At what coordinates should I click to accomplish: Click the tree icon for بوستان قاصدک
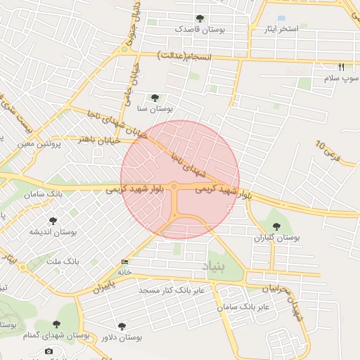click(200, 18)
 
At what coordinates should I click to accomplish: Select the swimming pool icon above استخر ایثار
click(282, 18)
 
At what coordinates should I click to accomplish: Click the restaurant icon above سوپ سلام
click(341, 67)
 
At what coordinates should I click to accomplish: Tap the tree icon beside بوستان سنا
click(155, 97)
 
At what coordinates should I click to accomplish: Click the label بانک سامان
click(44, 193)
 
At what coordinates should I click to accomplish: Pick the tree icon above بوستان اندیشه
click(51, 221)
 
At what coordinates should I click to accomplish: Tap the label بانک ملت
click(63, 262)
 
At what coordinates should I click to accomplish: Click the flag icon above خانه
click(125, 262)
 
